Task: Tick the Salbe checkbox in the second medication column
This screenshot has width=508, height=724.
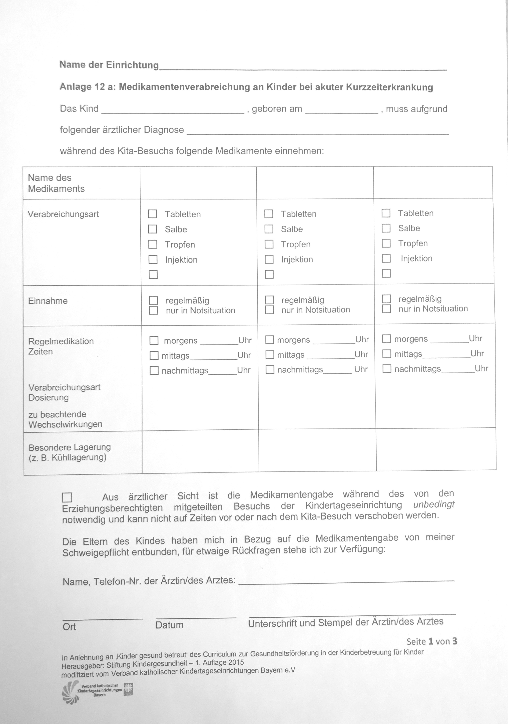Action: [x=269, y=229]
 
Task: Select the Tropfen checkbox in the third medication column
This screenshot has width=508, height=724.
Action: [x=386, y=243]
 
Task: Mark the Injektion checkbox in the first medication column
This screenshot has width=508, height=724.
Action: [x=153, y=259]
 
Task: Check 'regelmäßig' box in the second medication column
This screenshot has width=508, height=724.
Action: [x=269, y=300]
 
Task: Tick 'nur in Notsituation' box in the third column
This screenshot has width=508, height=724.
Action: [x=386, y=309]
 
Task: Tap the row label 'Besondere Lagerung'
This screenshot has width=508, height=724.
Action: [x=70, y=447]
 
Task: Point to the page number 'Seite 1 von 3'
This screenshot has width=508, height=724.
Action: [x=431, y=641]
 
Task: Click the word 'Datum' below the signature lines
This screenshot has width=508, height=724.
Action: [x=169, y=625]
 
